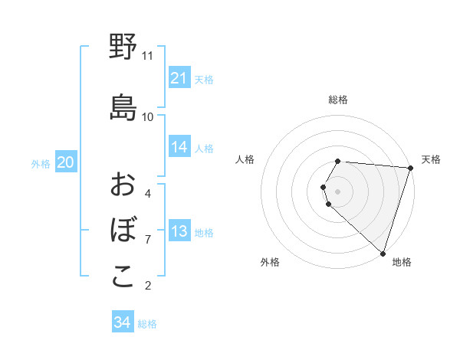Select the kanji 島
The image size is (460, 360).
[123, 108]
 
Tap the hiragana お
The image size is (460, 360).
[123, 185]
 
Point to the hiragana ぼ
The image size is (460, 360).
[123, 231]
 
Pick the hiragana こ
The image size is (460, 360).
[123, 277]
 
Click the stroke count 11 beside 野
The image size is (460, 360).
[148, 56]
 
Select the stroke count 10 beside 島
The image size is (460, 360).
[148, 117]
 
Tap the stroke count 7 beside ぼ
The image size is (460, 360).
[148, 240]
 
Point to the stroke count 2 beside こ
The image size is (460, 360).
[148, 286]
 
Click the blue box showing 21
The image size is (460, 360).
[179, 78]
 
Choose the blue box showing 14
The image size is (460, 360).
[179, 147]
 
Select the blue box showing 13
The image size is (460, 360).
[179, 231]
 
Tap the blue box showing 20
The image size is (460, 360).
[66, 162]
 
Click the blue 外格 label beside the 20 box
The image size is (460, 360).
[41, 163]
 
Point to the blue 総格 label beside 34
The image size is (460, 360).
[147, 324]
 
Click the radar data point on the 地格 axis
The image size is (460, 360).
[383, 253]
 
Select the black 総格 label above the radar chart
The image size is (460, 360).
[338, 100]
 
